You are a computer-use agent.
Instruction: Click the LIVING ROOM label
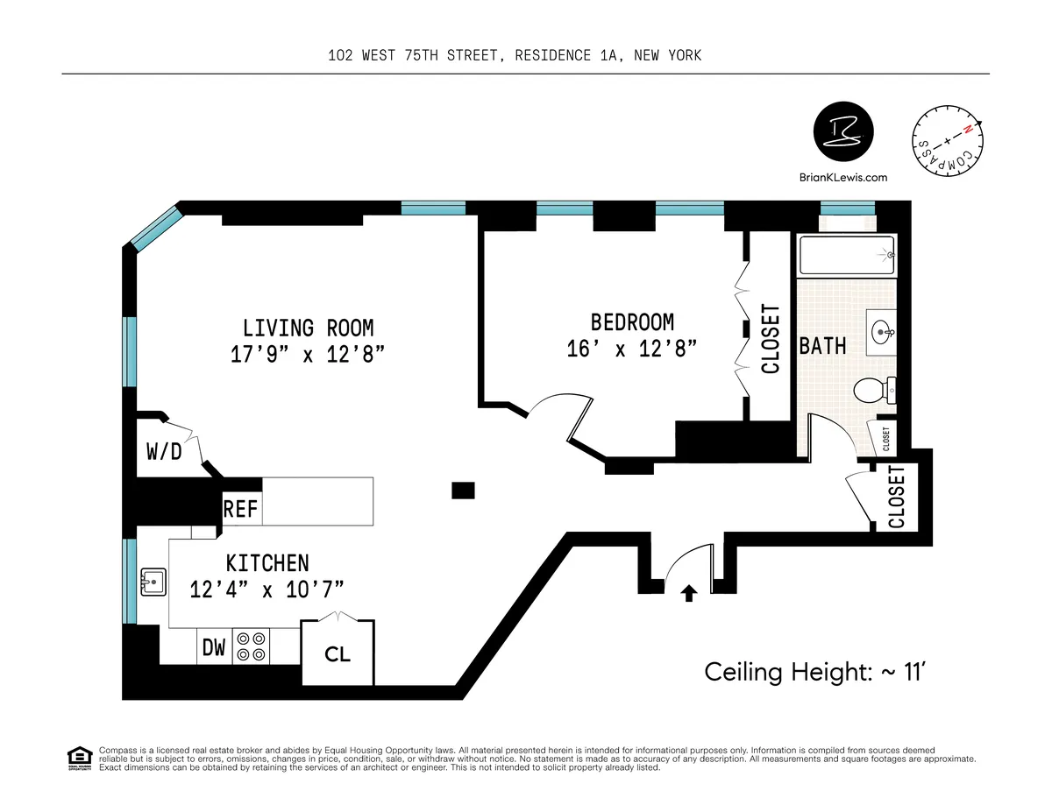tap(308, 328)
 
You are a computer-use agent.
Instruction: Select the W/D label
tap(164, 452)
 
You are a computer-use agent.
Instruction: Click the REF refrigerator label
tap(241, 508)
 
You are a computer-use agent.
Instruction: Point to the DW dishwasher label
tap(214, 648)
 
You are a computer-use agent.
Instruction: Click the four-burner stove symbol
tap(252, 646)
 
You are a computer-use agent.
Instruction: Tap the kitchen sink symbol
tap(153, 579)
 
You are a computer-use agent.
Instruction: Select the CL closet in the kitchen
tap(338, 653)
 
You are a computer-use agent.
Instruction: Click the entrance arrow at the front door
tap(689, 594)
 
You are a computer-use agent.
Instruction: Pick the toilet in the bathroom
tap(874, 391)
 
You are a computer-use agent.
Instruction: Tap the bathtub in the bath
tap(846, 256)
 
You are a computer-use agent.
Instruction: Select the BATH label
tap(822, 345)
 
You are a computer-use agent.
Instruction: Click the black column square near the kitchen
tap(463, 490)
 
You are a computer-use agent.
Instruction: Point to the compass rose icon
tap(949, 143)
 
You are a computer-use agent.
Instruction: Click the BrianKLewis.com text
tap(843, 177)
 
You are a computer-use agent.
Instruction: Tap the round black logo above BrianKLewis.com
tap(842, 131)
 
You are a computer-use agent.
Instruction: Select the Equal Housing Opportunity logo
tap(79, 757)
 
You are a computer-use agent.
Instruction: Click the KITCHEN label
tap(267, 562)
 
